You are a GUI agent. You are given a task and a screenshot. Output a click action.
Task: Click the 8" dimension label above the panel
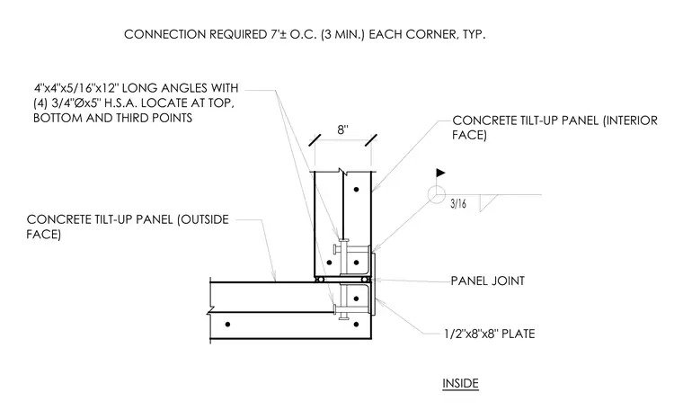pyautogui.click(x=342, y=129)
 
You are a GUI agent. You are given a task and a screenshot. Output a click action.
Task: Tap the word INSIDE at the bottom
pyautogui.click(x=460, y=383)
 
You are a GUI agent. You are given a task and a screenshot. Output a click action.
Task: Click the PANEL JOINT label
pyautogui.click(x=487, y=281)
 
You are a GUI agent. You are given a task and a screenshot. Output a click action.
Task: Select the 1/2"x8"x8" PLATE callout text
pyautogui.click(x=490, y=334)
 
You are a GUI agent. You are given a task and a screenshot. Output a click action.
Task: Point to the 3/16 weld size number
pyautogui.click(x=458, y=203)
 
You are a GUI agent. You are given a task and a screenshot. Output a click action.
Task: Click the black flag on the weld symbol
pyautogui.click(x=440, y=173)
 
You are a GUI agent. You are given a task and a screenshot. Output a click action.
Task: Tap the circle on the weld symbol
pyautogui.click(x=436, y=195)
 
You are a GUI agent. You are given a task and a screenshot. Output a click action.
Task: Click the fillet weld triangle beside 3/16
pyautogui.click(x=487, y=203)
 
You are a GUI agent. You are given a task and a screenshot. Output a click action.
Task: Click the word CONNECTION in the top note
pyautogui.click(x=164, y=34)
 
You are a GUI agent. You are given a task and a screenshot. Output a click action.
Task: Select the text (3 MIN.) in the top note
pyautogui.click(x=342, y=34)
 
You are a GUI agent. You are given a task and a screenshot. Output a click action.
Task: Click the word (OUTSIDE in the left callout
pyautogui.click(x=202, y=219)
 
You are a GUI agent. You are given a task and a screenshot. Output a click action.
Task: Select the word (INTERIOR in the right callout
pyautogui.click(x=630, y=120)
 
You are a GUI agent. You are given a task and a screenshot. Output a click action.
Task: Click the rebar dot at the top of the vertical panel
pyautogui.click(x=356, y=189)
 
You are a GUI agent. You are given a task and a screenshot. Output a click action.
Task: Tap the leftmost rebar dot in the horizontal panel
pyautogui.click(x=227, y=325)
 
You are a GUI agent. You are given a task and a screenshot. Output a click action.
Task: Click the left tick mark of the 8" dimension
pyautogui.click(x=315, y=140)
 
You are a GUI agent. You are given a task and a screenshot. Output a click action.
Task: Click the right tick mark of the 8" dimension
pyautogui.click(x=371, y=140)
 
